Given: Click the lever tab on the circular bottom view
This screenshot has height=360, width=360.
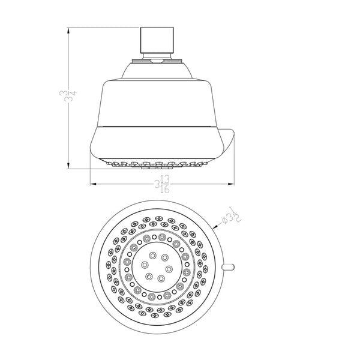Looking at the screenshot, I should click(227, 266).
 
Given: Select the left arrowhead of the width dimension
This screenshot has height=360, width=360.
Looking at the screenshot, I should click(92, 184).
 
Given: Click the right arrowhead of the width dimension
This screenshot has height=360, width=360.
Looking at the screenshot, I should click(231, 184).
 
